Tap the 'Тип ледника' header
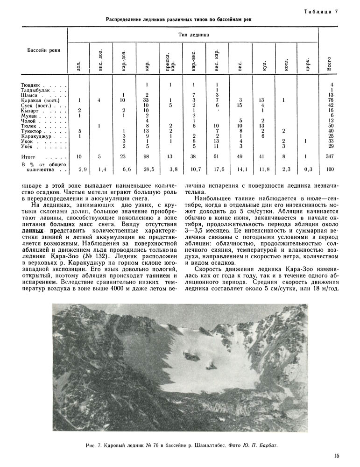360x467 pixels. (193, 35)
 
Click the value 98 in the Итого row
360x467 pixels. (147, 157)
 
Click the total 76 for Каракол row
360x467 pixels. (331, 100)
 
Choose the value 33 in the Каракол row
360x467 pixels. (147, 100)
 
